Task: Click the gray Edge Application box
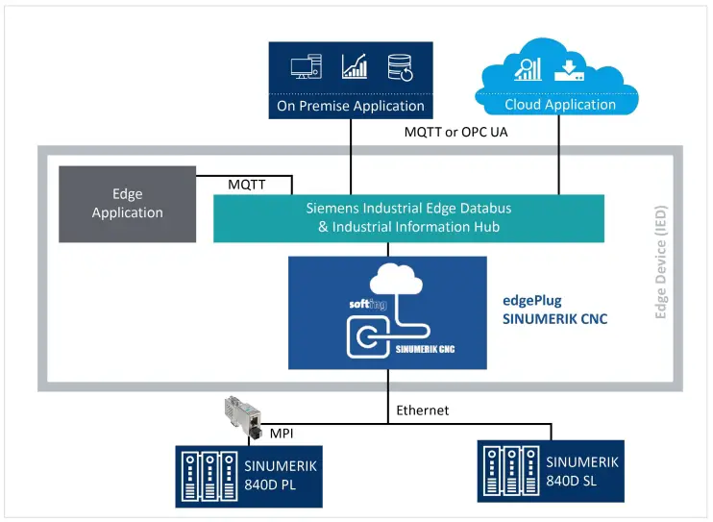tap(127, 204)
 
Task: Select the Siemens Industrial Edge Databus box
tap(408, 217)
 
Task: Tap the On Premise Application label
tap(351, 106)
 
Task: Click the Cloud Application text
tap(559, 105)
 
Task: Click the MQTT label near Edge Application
tap(248, 184)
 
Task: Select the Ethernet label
tap(422, 410)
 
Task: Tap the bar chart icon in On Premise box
tap(354, 66)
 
